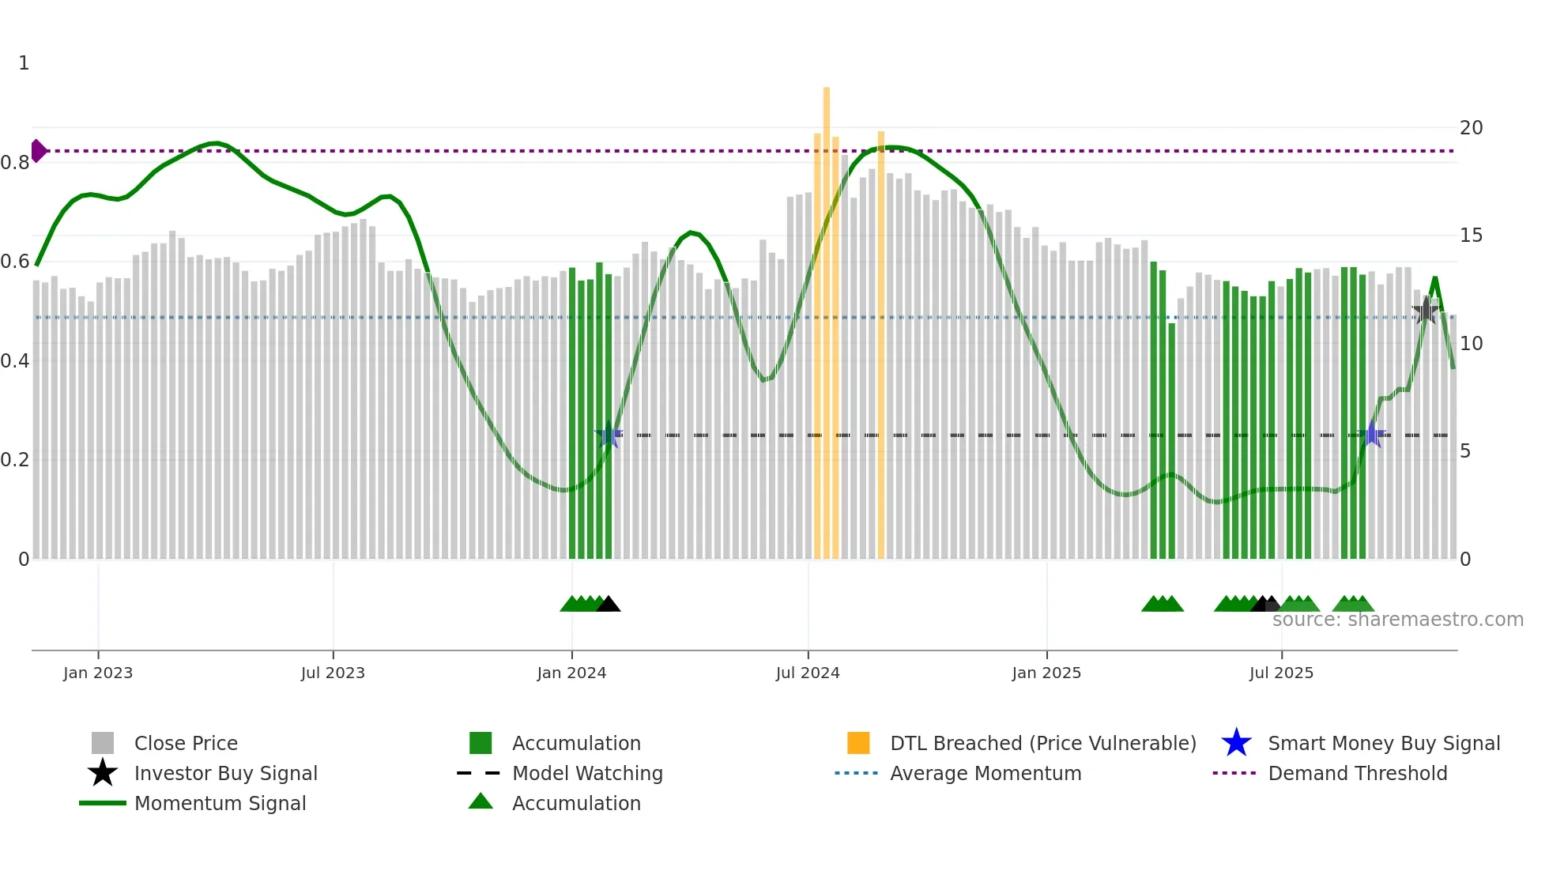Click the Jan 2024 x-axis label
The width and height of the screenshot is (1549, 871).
571,673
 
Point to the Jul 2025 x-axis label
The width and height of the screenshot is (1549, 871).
1281,673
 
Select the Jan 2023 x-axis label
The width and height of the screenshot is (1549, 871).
98,673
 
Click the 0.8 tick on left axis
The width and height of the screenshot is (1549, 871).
15,163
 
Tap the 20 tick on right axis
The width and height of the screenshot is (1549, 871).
1471,127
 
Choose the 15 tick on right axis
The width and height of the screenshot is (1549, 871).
1471,236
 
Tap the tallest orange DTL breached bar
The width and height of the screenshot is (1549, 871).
827,316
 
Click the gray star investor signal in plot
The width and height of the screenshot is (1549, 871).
1425,311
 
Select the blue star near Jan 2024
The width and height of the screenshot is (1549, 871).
608,435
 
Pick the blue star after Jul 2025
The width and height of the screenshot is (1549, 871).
1373,435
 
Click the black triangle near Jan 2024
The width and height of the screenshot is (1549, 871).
608,605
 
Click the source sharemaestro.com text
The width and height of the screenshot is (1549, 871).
1397,620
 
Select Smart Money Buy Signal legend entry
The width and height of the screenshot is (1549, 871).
1383,743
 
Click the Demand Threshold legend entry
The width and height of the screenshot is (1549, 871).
1357,773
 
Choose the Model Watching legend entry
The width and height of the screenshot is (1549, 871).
586,773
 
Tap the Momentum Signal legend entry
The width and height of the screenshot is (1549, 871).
220,803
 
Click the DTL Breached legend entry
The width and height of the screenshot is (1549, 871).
1042,743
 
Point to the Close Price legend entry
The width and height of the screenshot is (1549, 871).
185,743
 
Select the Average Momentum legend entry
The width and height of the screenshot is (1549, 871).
985,773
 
